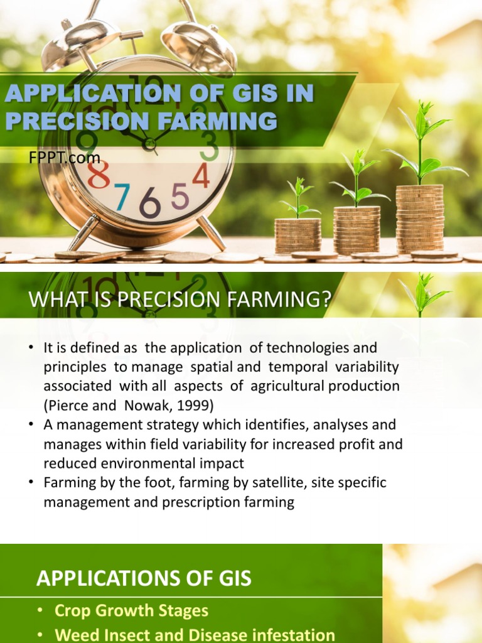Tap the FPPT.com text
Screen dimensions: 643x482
(64, 158)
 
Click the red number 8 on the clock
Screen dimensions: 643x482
(99, 175)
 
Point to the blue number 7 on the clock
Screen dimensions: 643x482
(122, 197)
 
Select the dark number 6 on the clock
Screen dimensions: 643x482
(151, 203)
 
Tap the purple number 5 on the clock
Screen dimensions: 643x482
(180, 197)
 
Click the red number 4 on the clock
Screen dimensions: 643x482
(201, 176)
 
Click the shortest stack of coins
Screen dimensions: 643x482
(297, 236)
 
